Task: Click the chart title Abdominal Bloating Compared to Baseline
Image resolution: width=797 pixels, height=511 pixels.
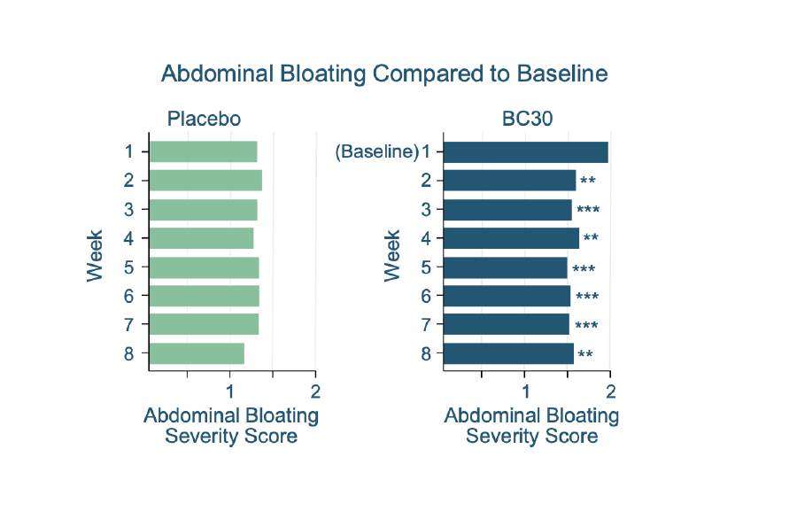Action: (x=384, y=74)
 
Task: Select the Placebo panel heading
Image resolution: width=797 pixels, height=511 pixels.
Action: (x=204, y=119)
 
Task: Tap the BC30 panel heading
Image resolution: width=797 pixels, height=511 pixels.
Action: (x=527, y=119)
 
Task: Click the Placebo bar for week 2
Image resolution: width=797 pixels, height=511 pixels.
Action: (x=205, y=181)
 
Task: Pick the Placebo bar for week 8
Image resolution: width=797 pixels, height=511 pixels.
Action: (x=197, y=353)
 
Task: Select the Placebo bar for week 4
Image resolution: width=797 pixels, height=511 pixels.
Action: (x=202, y=238)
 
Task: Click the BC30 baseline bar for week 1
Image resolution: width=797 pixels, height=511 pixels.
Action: (x=525, y=152)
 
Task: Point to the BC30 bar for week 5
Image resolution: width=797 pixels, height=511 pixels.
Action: (x=506, y=267)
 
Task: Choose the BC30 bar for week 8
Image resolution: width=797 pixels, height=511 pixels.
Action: (x=509, y=353)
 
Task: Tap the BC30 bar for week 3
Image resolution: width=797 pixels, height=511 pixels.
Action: (x=507, y=210)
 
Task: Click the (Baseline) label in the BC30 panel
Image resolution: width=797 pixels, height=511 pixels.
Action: (x=377, y=151)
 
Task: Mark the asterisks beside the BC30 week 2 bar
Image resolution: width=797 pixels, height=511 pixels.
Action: (x=588, y=181)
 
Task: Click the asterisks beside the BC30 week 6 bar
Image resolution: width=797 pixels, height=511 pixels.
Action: (x=587, y=296)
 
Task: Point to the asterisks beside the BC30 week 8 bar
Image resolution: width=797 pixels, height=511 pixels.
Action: (x=585, y=353)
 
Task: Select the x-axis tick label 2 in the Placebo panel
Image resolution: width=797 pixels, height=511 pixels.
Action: (x=315, y=391)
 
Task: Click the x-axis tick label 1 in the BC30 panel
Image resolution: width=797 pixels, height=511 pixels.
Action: (x=525, y=391)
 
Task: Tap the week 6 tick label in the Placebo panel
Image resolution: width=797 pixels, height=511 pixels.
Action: (x=128, y=296)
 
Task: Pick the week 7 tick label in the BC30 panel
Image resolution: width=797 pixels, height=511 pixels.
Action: (x=426, y=324)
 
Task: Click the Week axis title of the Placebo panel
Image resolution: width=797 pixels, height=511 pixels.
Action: (x=95, y=256)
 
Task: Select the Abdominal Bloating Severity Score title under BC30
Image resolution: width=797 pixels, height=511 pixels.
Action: (x=531, y=426)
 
